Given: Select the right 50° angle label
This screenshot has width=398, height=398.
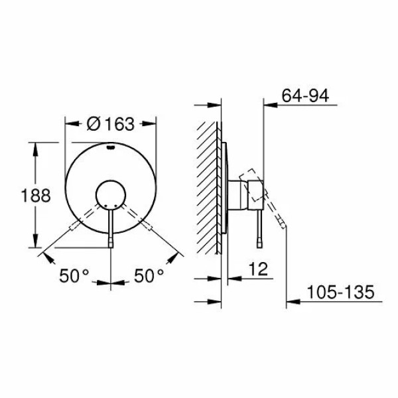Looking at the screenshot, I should (x=150, y=275).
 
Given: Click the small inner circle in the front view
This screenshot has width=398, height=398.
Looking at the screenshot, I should (x=110, y=194).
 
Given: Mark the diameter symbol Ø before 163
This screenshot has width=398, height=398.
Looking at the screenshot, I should (x=93, y=124).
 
